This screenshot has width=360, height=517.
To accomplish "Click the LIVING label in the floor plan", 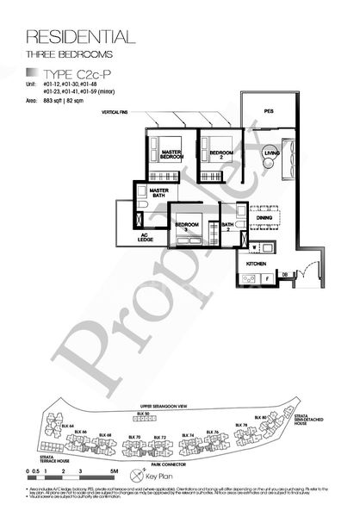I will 272,153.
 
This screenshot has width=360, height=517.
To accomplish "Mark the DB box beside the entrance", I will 283,275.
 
